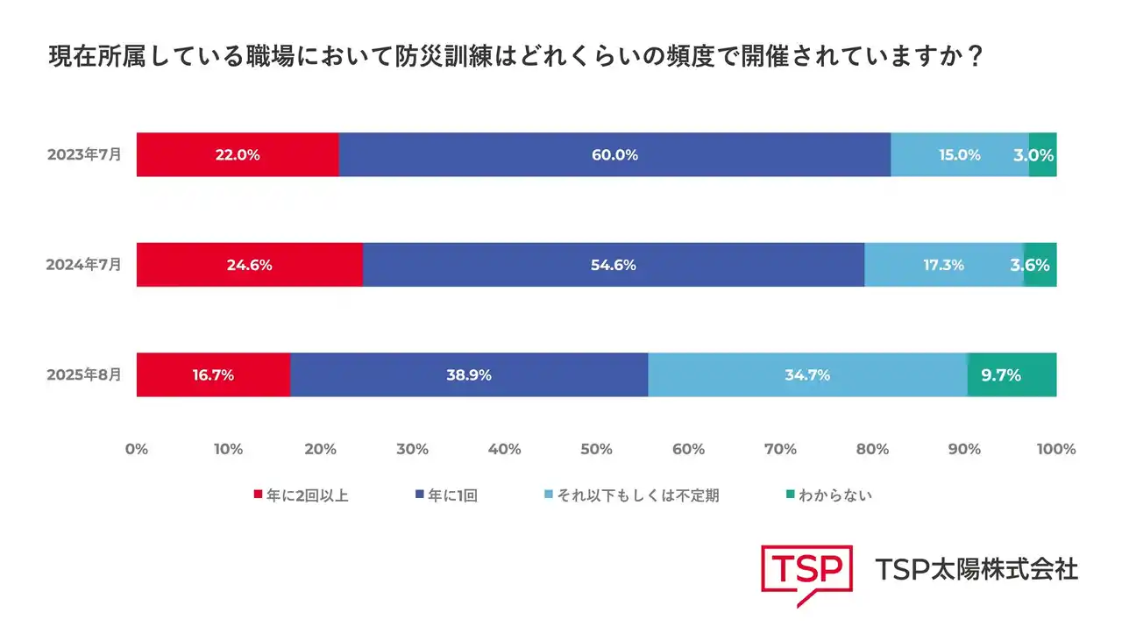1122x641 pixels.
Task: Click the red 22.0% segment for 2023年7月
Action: pyautogui.click(x=238, y=155)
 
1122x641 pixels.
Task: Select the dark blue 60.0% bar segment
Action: pyautogui.click(x=614, y=155)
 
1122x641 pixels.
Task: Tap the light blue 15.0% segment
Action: pyautogui.click(x=959, y=155)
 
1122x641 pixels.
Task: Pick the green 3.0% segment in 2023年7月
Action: pyautogui.click(x=1042, y=155)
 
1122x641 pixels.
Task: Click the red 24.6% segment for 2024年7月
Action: pyautogui.click(x=249, y=265)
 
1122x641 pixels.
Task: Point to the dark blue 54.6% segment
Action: pyautogui.click(x=614, y=265)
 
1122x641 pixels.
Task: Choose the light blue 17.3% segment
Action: pyautogui.click(x=943, y=265)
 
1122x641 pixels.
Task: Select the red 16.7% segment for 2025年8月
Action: pyautogui.click(x=213, y=374)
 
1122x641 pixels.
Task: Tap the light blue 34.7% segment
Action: pyautogui.click(x=807, y=374)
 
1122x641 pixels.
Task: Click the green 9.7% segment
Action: pyautogui.click(x=1012, y=374)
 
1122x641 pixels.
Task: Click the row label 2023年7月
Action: pyautogui.click(x=84, y=154)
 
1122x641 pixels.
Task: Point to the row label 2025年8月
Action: pyautogui.click(x=84, y=374)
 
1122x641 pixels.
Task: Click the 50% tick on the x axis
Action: pyautogui.click(x=596, y=449)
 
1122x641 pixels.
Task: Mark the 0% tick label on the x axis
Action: pyautogui.click(x=137, y=449)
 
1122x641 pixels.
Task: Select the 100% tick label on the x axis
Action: pyautogui.click(x=1055, y=449)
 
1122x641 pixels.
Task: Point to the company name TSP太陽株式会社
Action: pyautogui.click(x=976, y=569)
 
